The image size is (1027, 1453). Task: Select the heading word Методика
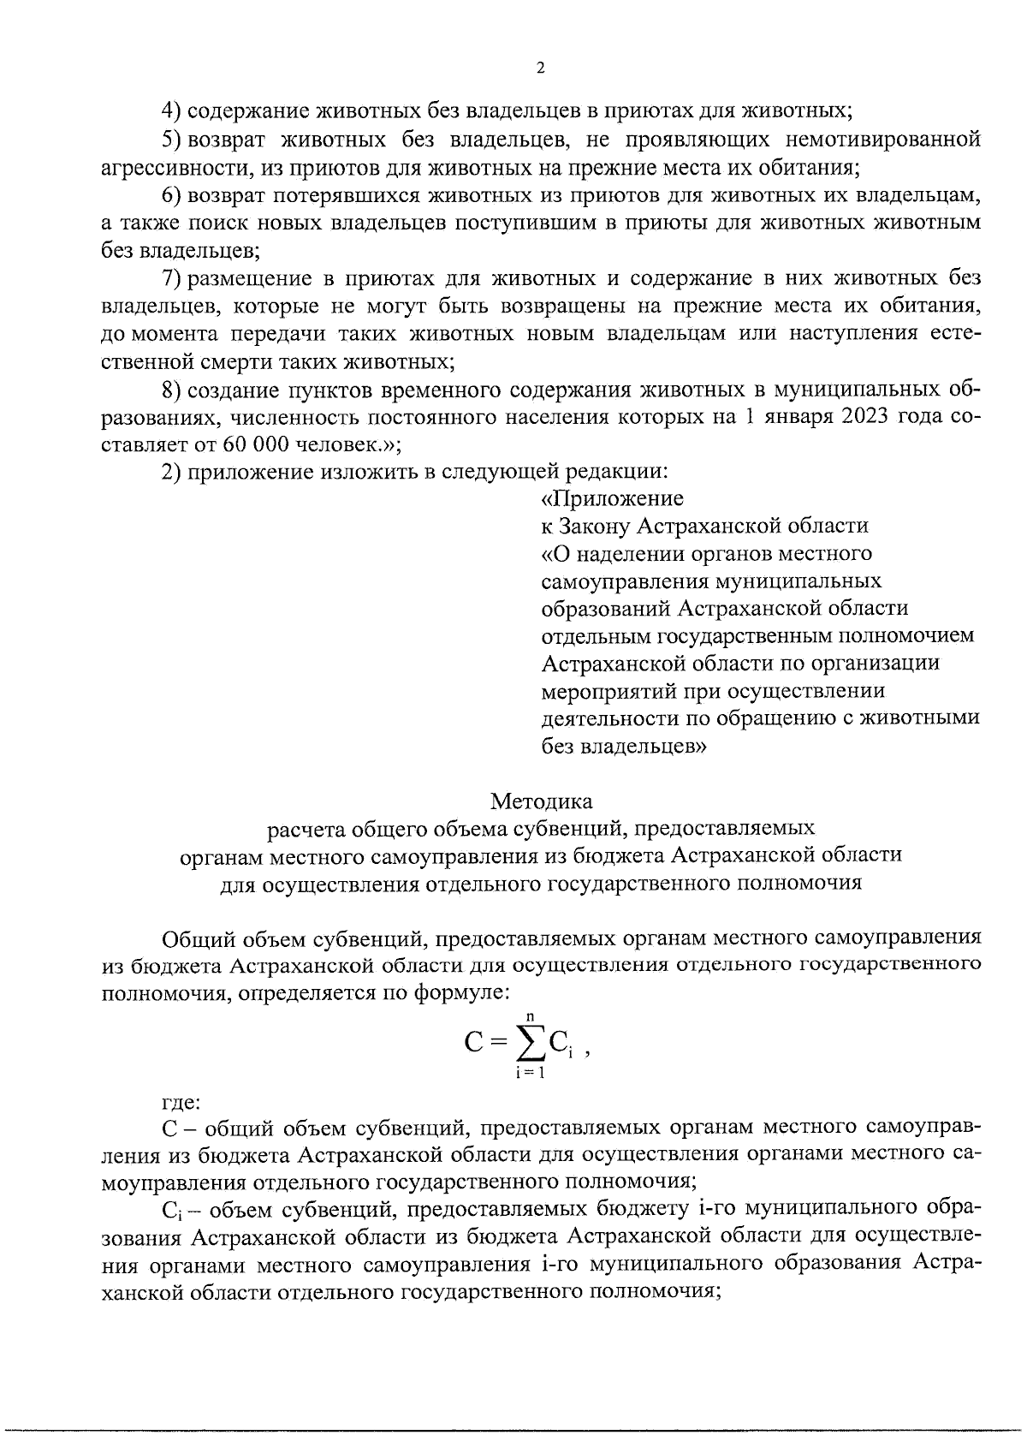click(x=541, y=801)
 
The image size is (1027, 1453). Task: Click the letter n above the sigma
click(x=530, y=1016)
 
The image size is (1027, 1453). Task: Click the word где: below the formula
click(x=181, y=1103)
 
